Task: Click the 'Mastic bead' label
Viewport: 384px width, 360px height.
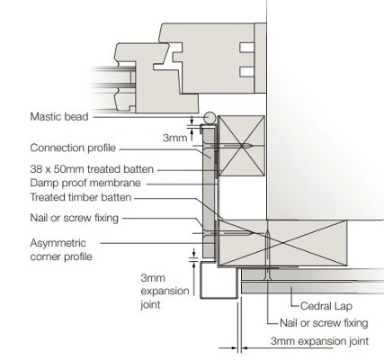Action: [x=59, y=116]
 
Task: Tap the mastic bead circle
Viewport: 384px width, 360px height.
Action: [x=210, y=118]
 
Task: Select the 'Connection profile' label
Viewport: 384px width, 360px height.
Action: [x=73, y=148]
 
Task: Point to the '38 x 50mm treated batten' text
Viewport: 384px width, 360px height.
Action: [x=92, y=169]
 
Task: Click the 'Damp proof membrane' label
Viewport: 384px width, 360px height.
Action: [x=85, y=183]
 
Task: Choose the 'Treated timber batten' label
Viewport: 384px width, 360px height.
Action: [x=81, y=197]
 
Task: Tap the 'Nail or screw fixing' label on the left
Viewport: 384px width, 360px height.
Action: [x=75, y=218]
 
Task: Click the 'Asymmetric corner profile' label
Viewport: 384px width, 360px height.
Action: [x=61, y=249]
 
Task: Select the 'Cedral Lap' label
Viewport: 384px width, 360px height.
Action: [x=326, y=306]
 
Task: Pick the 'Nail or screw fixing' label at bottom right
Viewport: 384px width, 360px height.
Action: [x=324, y=323]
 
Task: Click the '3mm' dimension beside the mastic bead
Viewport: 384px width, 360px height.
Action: [x=175, y=138]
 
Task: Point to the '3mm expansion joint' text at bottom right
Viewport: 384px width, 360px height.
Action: [x=319, y=341]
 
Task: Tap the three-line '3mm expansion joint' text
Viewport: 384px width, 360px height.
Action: [x=165, y=291]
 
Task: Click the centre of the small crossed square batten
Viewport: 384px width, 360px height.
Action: [x=241, y=146]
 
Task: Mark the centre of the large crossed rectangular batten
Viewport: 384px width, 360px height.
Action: [x=282, y=243]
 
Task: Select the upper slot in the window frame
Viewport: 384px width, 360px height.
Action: [x=247, y=48]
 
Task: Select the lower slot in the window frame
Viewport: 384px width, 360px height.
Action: [x=247, y=72]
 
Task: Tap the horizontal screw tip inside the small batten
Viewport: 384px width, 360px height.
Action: [x=252, y=146]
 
